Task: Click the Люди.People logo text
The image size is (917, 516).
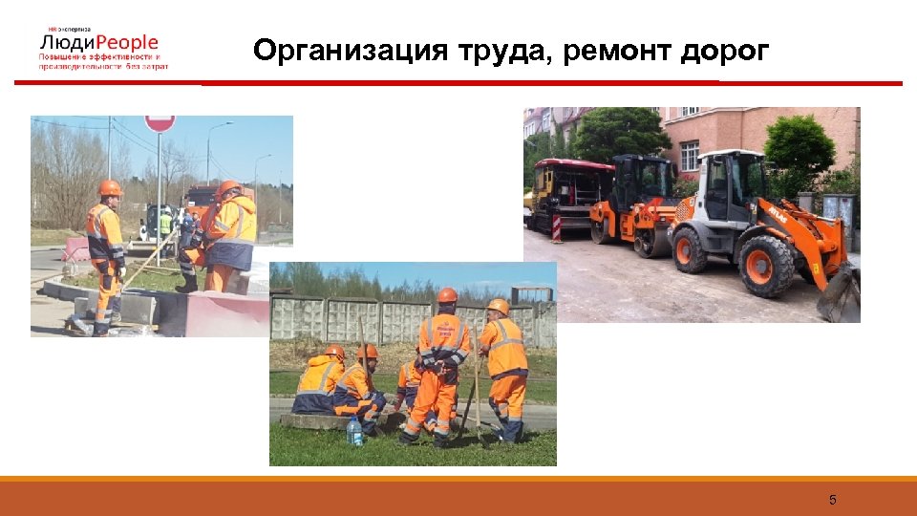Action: pyautogui.click(x=99, y=43)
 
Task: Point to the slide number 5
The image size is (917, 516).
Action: pyautogui.click(x=832, y=500)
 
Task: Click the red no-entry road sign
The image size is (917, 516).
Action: pyautogui.click(x=160, y=122)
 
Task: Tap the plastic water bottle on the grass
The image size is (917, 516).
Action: pyautogui.click(x=354, y=431)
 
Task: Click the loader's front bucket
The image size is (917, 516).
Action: pyautogui.click(x=840, y=293)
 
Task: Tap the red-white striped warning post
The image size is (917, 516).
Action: pyautogui.click(x=557, y=227)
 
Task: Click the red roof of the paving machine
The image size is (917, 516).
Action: pyautogui.click(x=574, y=164)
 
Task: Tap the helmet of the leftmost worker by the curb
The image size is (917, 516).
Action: pyautogui.click(x=110, y=187)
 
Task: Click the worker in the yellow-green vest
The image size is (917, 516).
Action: pyautogui.click(x=165, y=225)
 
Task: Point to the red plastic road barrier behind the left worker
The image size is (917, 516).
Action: pyautogui.click(x=76, y=249)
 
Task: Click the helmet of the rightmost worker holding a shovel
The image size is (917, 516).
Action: pyautogui.click(x=499, y=307)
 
